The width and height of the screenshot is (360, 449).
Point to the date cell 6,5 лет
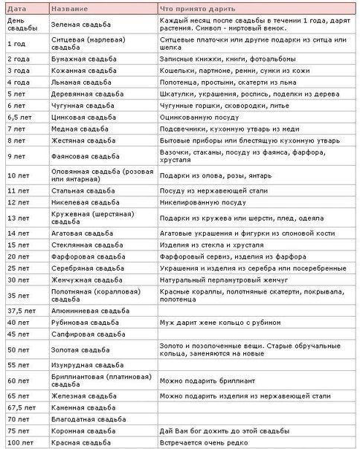coord(19,117)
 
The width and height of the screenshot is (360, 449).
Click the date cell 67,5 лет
coord(22,407)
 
